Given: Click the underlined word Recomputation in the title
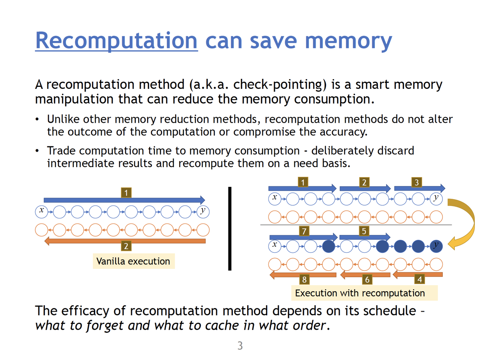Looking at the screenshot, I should point(116,41).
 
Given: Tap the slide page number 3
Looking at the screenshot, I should point(240,346).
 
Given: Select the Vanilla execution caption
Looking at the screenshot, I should point(133,262).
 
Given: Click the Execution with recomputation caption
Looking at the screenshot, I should point(360,293).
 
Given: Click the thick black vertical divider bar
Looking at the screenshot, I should point(230,229).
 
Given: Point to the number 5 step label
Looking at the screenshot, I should point(364,231).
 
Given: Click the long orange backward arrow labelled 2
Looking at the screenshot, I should point(125,241).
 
